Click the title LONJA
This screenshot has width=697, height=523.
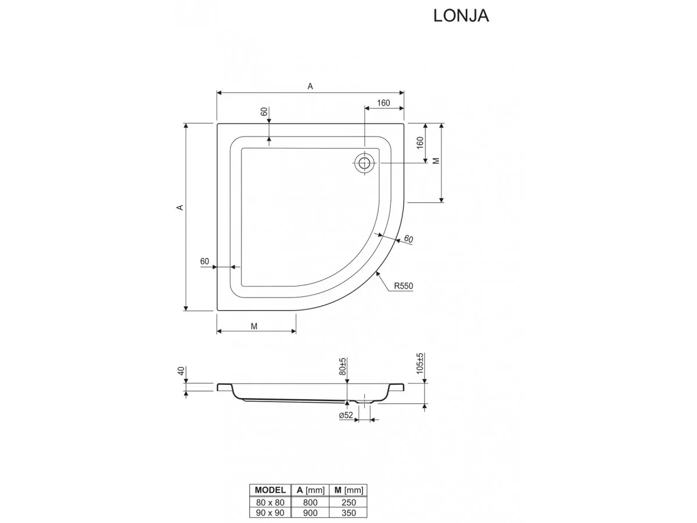pos(461,16)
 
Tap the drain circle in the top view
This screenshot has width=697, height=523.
pos(364,163)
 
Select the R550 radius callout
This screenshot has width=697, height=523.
pos(403,286)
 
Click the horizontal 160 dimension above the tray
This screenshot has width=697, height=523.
pos(383,103)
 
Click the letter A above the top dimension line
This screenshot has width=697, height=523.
pos(310,86)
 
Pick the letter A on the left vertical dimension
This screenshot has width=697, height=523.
pos(180,207)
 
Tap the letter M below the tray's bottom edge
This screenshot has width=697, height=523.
pos(254,326)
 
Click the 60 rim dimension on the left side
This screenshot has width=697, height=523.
pos(204,261)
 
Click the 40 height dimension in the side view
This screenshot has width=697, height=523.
pos(181,370)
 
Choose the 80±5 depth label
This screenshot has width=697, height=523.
pos(343,366)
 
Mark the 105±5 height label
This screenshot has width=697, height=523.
pos(421,363)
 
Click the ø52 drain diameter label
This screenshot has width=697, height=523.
pos(346,415)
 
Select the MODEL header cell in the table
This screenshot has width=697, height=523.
pos(270,490)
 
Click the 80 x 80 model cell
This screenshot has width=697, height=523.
pos(270,502)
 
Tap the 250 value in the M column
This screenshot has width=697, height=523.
pos(348,502)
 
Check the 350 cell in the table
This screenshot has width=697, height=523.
pos(348,513)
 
